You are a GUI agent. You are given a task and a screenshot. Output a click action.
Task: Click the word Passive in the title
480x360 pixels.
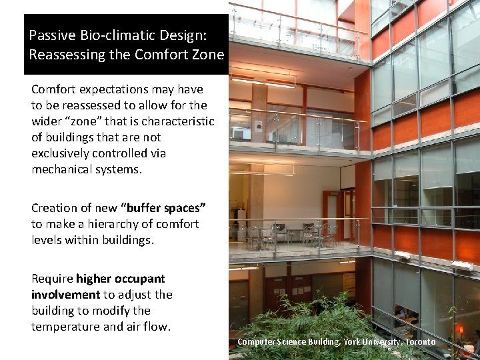[51, 35]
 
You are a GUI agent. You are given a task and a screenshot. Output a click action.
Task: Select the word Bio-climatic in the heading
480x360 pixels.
[111, 35]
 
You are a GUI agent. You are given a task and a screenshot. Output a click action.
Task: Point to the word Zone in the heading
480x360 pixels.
[208, 55]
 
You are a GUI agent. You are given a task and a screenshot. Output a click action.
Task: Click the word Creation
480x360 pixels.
[54, 208]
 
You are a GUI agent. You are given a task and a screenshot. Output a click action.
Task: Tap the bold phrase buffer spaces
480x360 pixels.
[167, 208]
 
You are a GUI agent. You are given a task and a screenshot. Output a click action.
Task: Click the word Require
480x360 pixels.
[52, 279]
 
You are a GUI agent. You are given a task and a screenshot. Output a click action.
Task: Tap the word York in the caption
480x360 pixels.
[352, 342]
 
